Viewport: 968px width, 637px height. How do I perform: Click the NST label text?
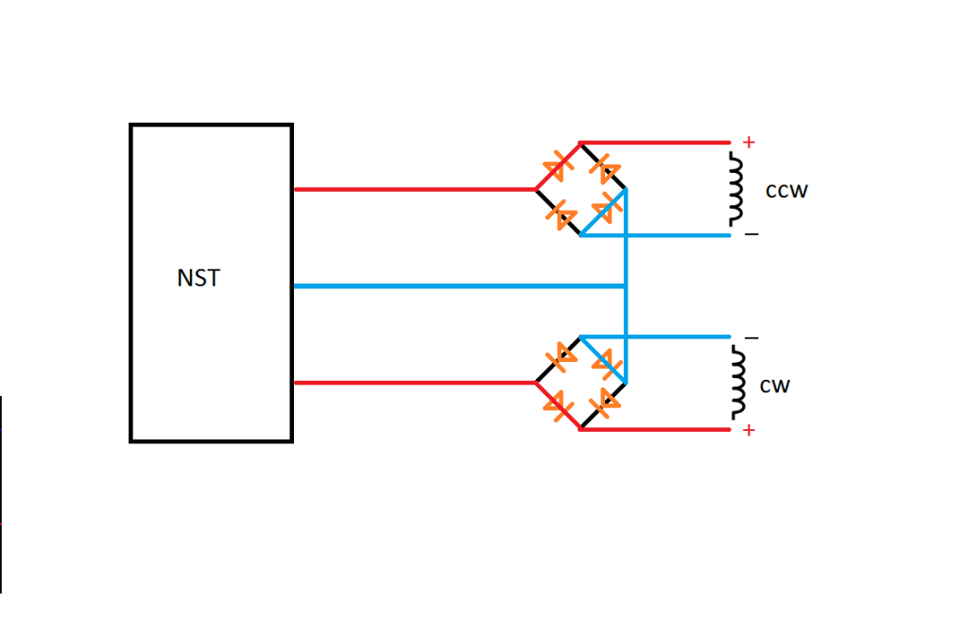199,279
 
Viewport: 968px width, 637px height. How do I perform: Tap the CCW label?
786,191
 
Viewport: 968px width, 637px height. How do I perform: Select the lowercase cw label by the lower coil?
774,386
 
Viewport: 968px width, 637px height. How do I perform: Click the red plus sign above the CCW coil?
749,144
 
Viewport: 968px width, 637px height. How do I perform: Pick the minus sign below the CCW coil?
751,234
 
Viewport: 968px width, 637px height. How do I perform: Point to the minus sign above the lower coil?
751,337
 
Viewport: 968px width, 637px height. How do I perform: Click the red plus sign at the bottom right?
749,431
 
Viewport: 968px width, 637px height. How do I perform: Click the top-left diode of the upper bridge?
565,160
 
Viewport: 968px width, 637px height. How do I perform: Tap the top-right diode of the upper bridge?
602,168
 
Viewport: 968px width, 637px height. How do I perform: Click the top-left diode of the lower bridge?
564,354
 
